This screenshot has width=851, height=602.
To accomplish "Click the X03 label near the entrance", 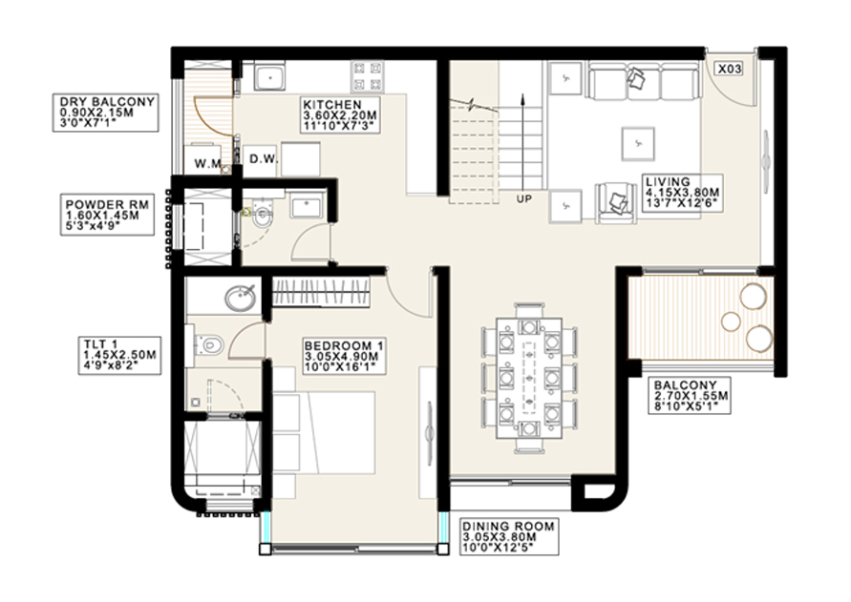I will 730,70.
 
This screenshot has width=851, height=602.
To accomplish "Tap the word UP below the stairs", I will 522,199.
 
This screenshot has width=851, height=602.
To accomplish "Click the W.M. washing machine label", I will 208,163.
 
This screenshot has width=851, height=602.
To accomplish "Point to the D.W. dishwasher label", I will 263,160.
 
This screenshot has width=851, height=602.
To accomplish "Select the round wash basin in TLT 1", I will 240,299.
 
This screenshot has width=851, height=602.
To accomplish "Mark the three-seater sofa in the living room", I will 642,81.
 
